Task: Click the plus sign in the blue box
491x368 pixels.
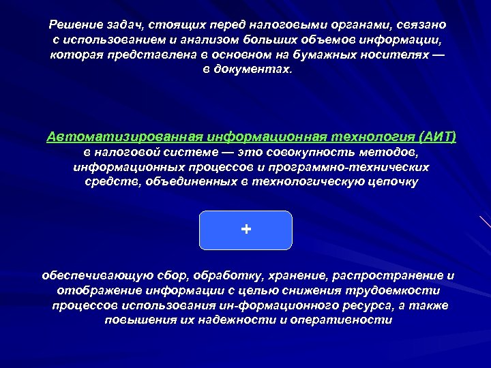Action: (x=245, y=230)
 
